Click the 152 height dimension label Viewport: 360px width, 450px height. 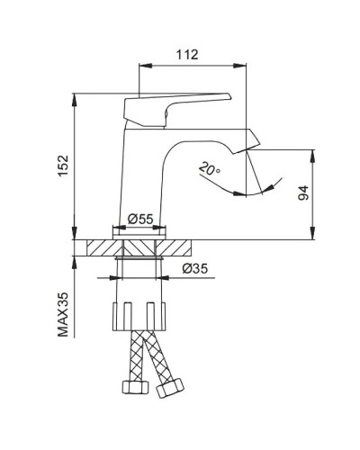tap(62, 166)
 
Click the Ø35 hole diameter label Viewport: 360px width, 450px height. tap(196, 267)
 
